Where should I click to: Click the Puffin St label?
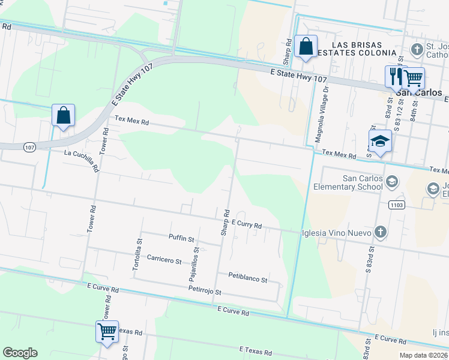[182, 238]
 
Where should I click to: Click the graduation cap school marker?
[380, 141]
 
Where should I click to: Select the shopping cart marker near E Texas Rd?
[107, 331]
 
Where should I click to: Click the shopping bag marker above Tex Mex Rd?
[63, 115]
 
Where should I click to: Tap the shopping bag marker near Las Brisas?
[306, 46]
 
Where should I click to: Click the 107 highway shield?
[29, 146]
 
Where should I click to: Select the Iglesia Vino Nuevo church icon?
[379, 232]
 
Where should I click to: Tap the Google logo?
[20, 353]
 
